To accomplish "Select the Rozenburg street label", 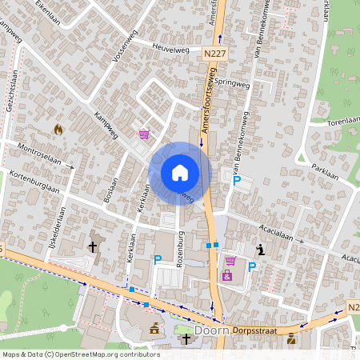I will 182,247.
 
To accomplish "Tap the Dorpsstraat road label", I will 255,330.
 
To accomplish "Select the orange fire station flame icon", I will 58,128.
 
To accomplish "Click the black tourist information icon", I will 259,250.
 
